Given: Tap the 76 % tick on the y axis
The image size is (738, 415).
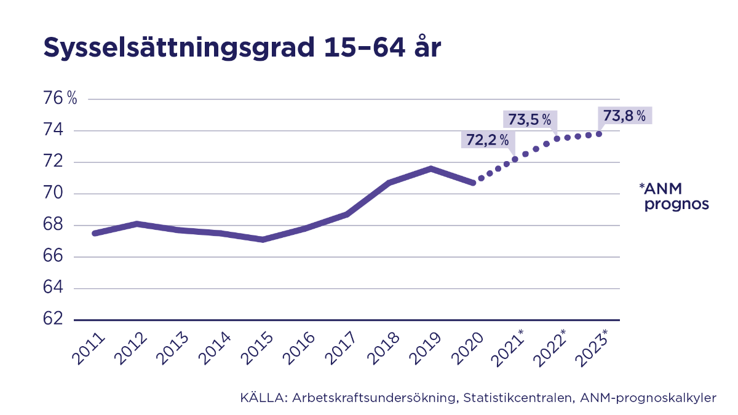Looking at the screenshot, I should pyautogui.click(x=60, y=98).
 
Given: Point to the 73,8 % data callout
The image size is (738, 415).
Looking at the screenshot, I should pyautogui.click(x=624, y=116).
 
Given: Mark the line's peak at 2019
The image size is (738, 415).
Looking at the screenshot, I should pyautogui.click(x=431, y=168).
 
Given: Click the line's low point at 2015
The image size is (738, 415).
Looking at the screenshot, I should pyautogui.click(x=263, y=239).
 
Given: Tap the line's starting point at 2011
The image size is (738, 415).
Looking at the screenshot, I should pyautogui.click(x=94, y=233).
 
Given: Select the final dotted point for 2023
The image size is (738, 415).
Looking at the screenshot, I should pyautogui.click(x=598, y=134).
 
